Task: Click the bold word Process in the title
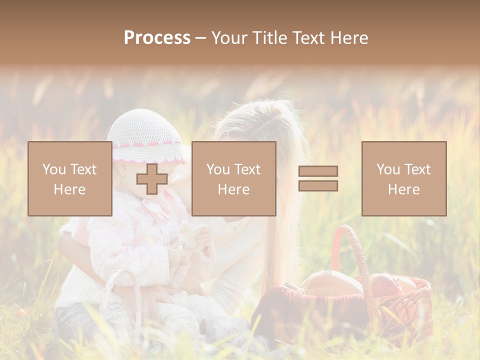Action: (x=157, y=38)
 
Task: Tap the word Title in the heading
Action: (x=270, y=38)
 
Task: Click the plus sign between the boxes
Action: (x=152, y=179)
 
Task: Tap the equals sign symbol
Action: (x=318, y=178)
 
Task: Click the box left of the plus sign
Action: (x=69, y=178)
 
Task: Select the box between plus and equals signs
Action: (x=233, y=178)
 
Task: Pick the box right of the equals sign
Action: (x=403, y=178)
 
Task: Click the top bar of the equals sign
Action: (x=318, y=171)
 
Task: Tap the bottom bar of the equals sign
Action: (x=318, y=185)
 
